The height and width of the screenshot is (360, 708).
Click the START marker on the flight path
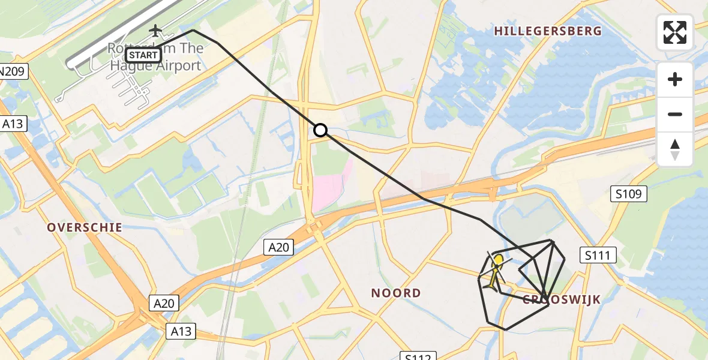click(x=143, y=56)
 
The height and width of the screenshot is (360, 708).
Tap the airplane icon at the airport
click(x=156, y=30)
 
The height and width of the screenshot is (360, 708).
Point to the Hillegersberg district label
click(x=547, y=31)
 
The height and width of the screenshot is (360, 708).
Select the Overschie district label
click(x=85, y=227)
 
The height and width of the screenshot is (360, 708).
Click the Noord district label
click(x=396, y=293)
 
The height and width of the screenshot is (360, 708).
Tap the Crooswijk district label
click(x=562, y=299)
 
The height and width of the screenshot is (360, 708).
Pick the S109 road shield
click(x=629, y=194)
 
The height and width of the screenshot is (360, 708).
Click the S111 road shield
click(x=598, y=256)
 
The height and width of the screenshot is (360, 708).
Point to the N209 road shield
click(x=11, y=72)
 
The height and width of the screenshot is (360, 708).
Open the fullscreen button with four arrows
click(x=675, y=32)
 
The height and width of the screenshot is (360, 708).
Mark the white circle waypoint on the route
click(x=320, y=130)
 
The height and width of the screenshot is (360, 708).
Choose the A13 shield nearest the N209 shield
click(x=12, y=124)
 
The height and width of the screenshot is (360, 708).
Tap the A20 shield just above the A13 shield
click(x=163, y=304)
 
